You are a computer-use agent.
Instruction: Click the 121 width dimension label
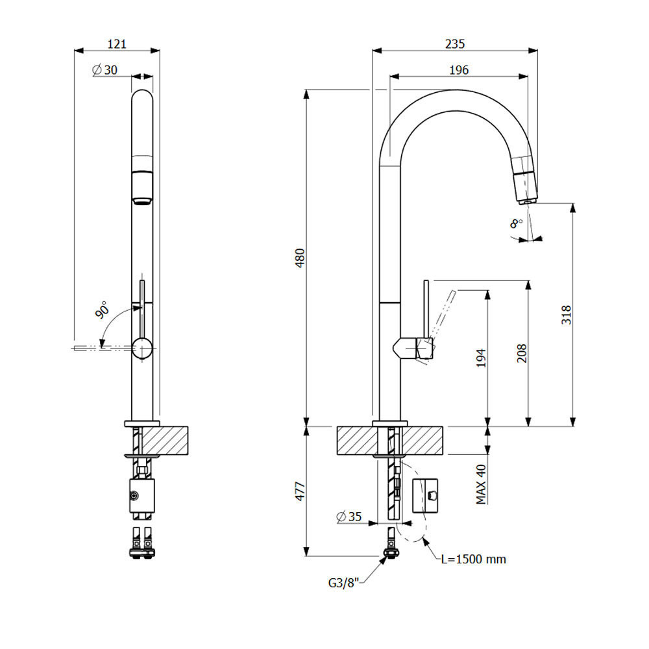(117, 44)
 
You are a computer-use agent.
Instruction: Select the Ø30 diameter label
(104, 70)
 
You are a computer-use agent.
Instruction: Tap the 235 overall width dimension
(455, 44)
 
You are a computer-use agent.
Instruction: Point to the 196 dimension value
(459, 70)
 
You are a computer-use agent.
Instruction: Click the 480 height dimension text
(300, 258)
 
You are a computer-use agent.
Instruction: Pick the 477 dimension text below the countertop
(300, 491)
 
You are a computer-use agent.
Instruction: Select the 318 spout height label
(566, 315)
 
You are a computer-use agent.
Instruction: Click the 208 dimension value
(522, 353)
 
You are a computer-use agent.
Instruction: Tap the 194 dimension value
(481, 358)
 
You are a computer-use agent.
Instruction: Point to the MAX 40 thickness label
(481, 484)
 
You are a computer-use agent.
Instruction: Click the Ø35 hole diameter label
(349, 517)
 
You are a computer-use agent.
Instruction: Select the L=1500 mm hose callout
(474, 559)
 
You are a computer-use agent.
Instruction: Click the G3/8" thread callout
(343, 583)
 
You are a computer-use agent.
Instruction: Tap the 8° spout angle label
(516, 223)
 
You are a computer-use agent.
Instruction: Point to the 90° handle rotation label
(102, 310)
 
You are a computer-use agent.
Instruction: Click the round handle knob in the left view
(142, 347)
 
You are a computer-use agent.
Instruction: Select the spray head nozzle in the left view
(142, 188)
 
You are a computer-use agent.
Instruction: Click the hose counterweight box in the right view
(425, 496)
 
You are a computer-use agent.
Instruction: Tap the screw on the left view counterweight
(134, 496)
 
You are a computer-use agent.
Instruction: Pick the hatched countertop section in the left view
(164, 440)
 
